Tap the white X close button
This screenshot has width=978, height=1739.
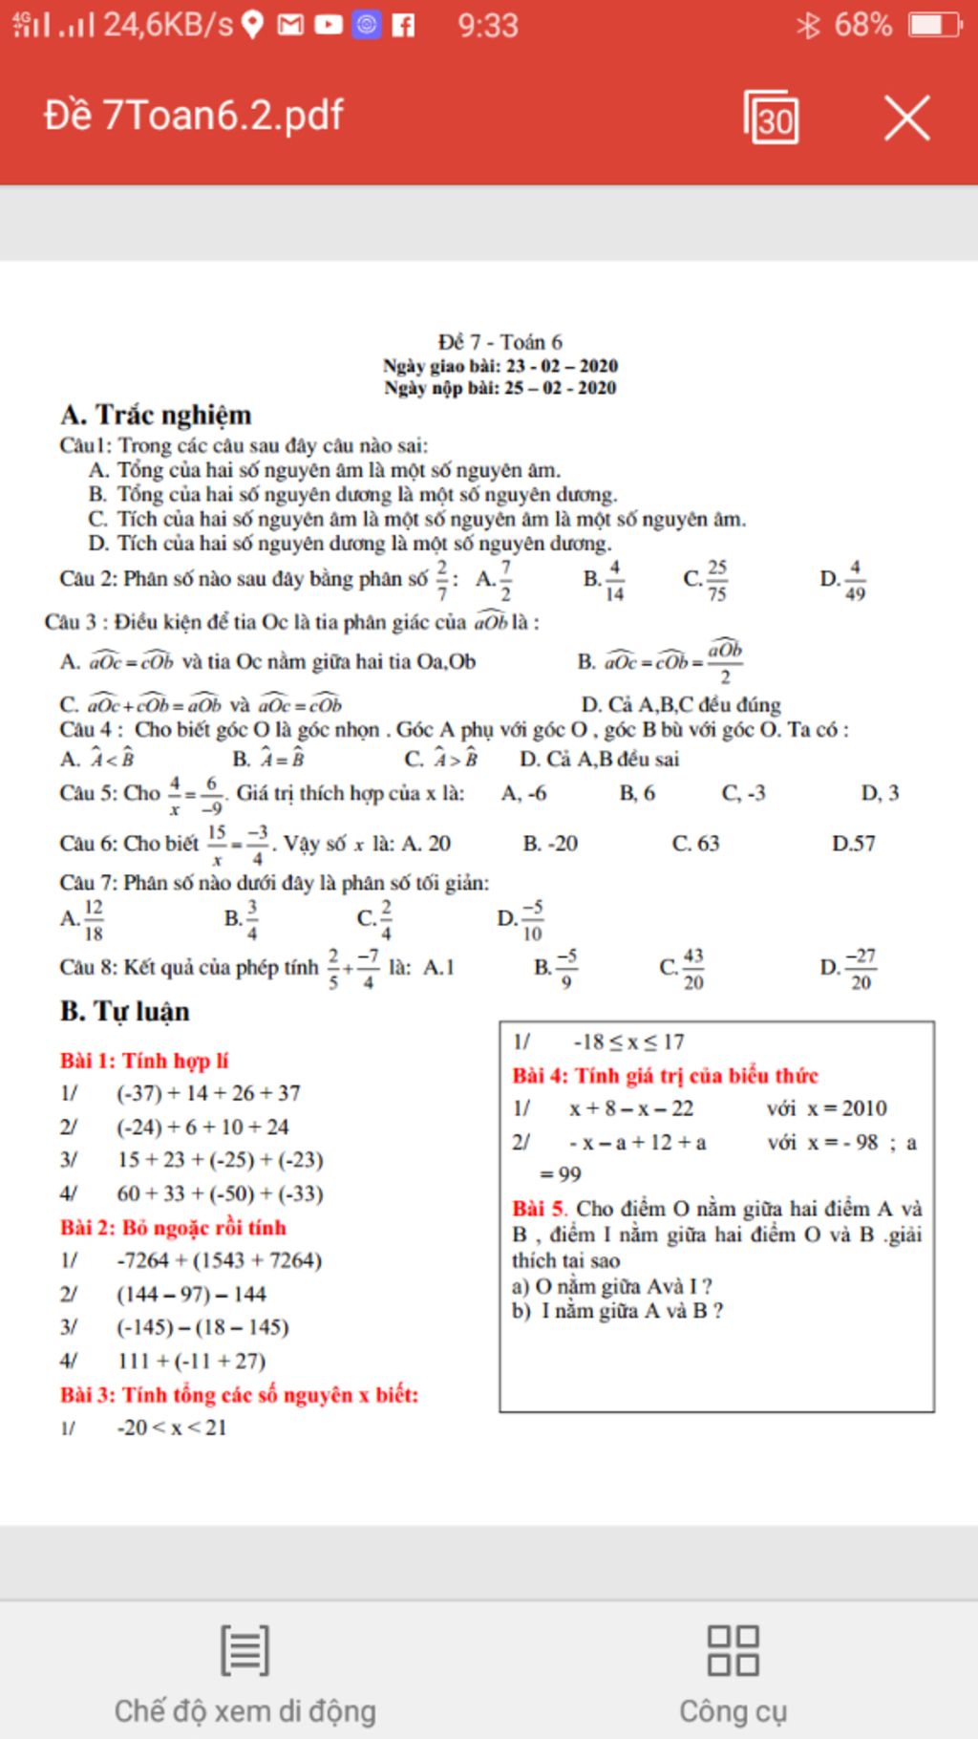[x=906, y=118]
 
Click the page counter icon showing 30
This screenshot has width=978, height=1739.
[x=772, y=118]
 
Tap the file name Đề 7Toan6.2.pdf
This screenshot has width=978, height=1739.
[x=194, y=116]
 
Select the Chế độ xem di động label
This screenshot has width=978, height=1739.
[x=244, y=1710]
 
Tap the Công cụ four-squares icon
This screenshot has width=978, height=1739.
[x=733, y=1650]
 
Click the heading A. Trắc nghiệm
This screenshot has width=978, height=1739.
[x=156, y=415]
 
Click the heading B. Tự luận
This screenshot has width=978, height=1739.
[x=125, y=1011]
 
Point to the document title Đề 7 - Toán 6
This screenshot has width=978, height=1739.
[x=500, y=342]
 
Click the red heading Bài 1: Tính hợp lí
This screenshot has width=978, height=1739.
[x=144, y=1061]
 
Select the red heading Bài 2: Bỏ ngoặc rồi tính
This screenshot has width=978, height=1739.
[x=173, y=1228]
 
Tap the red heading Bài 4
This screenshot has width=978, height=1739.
[x=665, y=1076]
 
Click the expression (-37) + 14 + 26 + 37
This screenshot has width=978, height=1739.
[x=208, y=1093]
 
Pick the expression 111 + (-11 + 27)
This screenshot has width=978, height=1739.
[x=191, y=1361]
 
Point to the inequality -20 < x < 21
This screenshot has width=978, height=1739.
[x=172, y=1428]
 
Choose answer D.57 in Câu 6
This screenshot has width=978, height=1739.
[x=853, y=844]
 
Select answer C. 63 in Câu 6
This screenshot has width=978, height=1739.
[x=695, y=844]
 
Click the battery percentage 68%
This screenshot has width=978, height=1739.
[x=862, y=25]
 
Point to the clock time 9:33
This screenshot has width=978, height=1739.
[x=487, y=25]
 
